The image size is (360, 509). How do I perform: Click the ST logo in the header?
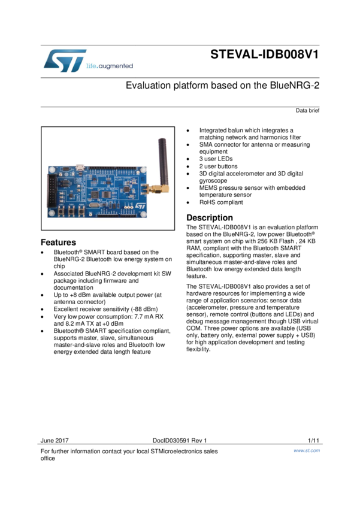tap(63, 61)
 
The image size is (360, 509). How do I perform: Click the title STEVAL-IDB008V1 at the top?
tap(264, 55)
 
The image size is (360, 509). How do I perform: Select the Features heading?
tap(58, 243)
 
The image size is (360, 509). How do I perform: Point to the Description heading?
tap(210, 218)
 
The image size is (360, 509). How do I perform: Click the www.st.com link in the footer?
tap(307, 450)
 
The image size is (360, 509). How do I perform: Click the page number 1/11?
tap(313, 440)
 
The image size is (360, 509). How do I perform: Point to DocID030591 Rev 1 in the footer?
tap(179, 440)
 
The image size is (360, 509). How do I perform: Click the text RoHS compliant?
tap(221, 202)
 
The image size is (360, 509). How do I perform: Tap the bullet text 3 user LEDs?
tap(216, 159)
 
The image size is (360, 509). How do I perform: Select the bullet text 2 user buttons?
tap(218, 166)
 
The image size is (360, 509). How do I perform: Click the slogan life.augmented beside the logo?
tap(110, 66)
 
